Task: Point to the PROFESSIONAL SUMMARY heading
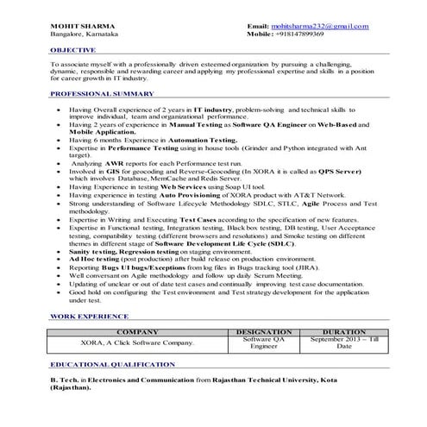click(102, 93)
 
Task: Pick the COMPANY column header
click(137, 331)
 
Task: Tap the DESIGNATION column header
click(264, 331)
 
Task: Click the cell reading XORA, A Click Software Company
click(137, 342)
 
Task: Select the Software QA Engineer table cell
click(264, 342)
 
